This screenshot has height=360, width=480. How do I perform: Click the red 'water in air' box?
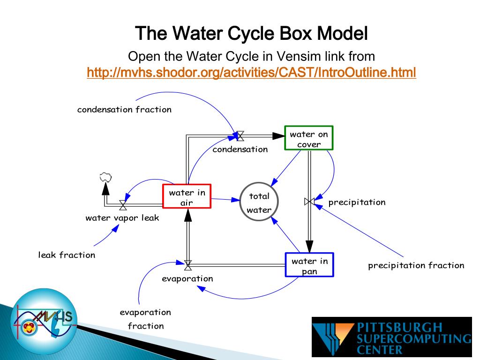click(x=187, y=196)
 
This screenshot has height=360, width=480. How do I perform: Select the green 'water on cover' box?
click(x=309, y=138)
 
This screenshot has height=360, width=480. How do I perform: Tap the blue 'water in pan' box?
click(x=309, y=265)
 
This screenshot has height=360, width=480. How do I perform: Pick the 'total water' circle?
click(x=259, y=202)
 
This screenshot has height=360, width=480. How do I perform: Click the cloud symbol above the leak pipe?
click(x=106, y=177)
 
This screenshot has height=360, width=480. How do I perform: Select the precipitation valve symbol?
click(x=309, y=202)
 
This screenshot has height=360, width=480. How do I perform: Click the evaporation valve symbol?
click(x=188, y=265)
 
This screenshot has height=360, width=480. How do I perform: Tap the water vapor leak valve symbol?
click(x=123, y=205)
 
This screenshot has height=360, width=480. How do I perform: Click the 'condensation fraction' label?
click(x=124, y=110)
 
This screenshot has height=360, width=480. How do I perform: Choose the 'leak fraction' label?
click(x=67, y=255)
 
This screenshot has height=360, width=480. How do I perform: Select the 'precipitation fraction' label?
click(x=416, y=265)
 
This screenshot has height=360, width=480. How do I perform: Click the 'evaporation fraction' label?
click(x=145, y=319)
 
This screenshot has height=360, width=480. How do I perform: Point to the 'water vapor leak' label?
click(x=122, y=217)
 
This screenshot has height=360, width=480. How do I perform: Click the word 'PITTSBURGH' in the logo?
click(x=400, y=327)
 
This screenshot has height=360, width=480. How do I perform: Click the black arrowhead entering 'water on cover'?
click(x=279, y=136)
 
